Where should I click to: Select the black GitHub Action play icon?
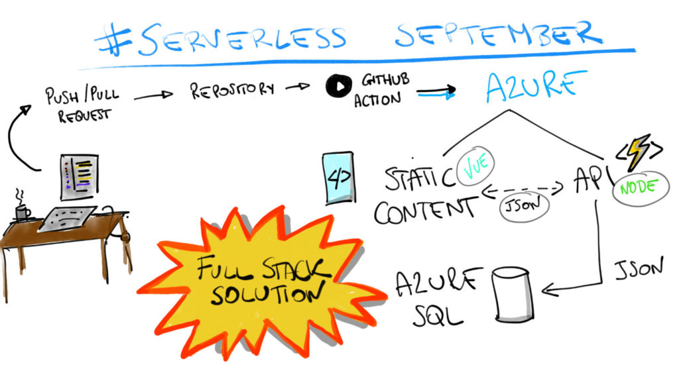point(338,87)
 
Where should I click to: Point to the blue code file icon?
point(338,178)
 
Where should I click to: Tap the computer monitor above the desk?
point(80,176)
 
